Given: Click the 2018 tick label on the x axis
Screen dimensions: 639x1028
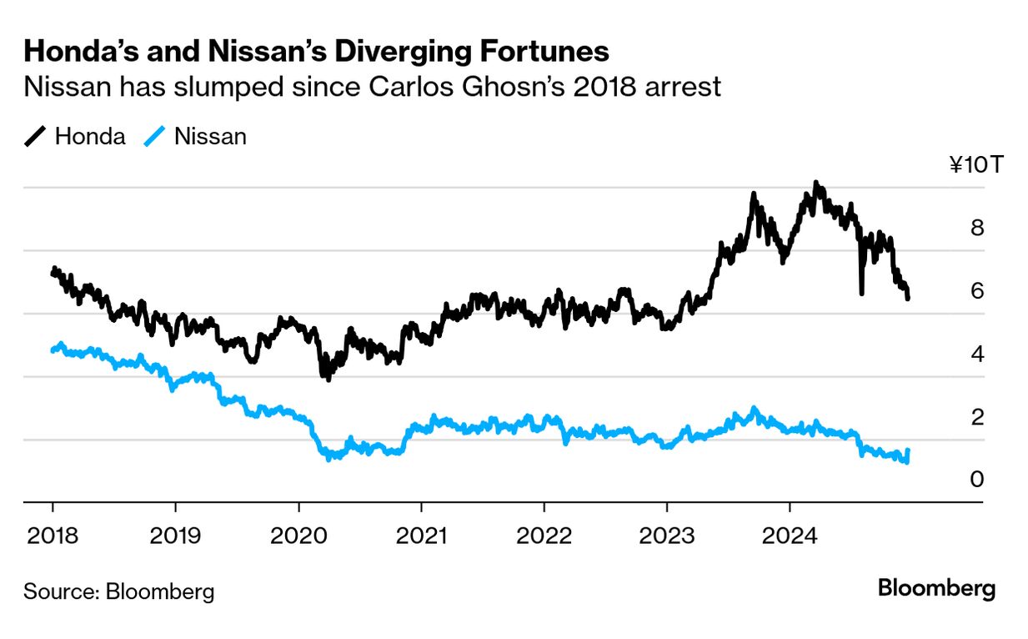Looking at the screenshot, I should (53, 535).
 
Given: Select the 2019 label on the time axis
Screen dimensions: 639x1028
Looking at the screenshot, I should (175, 535).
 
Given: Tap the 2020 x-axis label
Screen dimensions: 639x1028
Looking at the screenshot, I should (298, 535).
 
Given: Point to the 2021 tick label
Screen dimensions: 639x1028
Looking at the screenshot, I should (421, 535).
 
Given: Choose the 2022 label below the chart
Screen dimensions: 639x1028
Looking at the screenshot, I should (544, 535).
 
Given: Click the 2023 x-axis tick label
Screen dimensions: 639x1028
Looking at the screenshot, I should (667, 535).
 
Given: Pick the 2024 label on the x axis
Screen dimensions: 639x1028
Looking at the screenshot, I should (790, 535).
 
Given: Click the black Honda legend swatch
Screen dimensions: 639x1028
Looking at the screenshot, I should (35, 137).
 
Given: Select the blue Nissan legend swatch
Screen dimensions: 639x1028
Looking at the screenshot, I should (154, 137).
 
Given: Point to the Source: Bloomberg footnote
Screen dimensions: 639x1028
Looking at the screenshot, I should (118, 591).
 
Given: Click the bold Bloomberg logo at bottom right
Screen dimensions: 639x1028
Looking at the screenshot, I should (936, 589).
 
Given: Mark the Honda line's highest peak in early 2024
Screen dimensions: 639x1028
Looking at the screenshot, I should (816, 183).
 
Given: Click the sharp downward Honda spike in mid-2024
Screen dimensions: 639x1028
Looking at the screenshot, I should (861, 292).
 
